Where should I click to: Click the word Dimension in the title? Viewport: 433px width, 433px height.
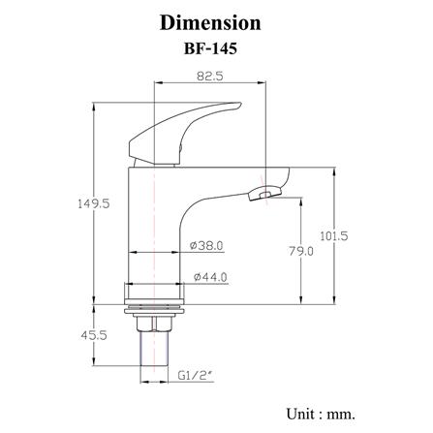point(210,23)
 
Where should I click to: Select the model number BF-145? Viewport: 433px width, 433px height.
point(210,48)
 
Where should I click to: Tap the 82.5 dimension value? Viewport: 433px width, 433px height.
point(210,77)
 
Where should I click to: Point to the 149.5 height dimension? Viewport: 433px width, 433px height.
point(94,203)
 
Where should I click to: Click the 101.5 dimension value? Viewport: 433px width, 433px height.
point(334,236)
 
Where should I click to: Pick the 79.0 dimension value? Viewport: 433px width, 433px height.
point(301,251)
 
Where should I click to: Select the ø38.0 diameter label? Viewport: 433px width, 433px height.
point(206,246)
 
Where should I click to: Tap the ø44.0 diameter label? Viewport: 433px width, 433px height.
point(210,277)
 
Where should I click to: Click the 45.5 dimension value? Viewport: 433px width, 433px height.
point(94,335)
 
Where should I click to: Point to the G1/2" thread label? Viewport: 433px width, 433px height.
point(197,376)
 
